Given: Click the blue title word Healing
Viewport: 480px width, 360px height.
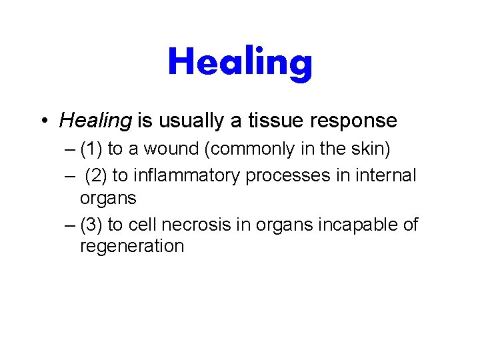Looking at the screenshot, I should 240,62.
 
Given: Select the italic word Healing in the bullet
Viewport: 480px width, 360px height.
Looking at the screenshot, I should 95,121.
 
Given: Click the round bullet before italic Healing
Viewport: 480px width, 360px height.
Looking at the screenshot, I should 43,121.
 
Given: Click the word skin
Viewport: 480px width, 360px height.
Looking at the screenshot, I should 373,149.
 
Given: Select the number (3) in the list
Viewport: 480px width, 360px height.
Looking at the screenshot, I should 91,225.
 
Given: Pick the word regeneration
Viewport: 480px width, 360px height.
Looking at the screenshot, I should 131,247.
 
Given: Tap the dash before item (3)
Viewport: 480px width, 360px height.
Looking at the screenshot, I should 71,225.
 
